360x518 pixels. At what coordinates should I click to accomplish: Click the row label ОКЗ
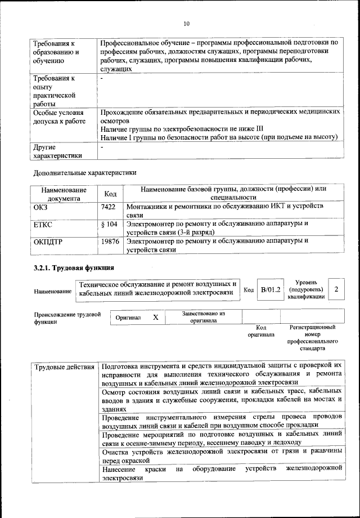tap(42, 208)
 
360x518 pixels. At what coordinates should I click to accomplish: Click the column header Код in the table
tap(110, 194)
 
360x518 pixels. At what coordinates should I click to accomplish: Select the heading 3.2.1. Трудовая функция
tap(74, 267)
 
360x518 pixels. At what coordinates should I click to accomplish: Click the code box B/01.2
tap(270, 289)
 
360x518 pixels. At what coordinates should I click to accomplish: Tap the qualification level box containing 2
tap(336, 289)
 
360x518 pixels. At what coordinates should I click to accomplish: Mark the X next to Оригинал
tap(156, 318)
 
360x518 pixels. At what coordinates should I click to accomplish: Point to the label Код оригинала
tap(261, 331)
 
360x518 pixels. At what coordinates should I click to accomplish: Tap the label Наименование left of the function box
tap(53, 291)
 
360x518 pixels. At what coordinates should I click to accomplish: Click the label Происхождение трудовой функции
tap(67, 318)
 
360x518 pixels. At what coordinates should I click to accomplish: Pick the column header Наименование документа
tap(64, 194)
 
